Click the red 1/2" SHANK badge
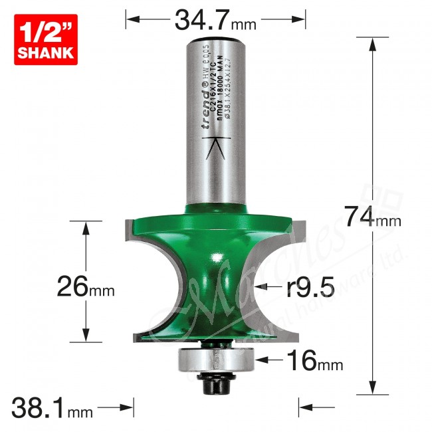(45, 41)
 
